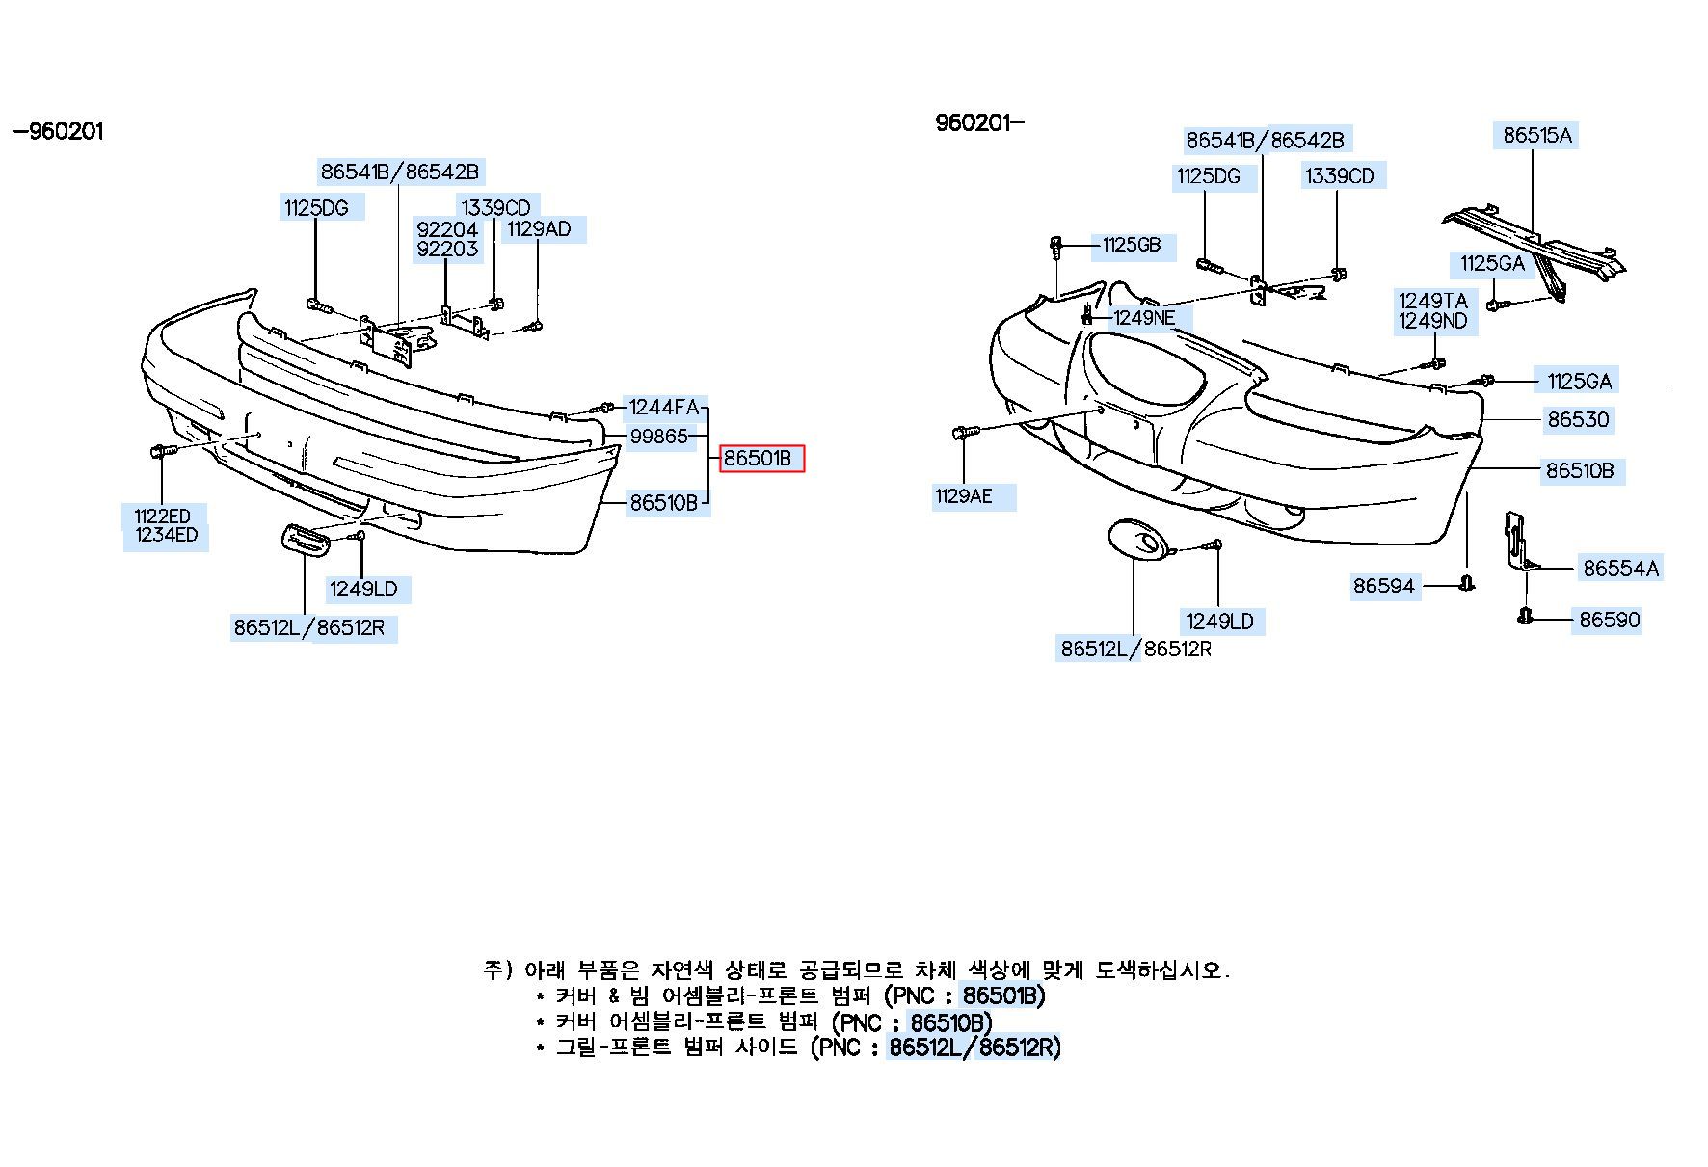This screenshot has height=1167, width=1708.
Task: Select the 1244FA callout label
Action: (664, 408)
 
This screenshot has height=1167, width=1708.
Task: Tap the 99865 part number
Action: (659, 437)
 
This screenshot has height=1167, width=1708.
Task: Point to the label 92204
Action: (447, 229)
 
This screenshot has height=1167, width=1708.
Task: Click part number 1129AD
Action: (539, 229)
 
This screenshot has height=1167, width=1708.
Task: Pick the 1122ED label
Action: (162, 517)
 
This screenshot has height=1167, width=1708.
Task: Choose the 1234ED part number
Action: (166, 536)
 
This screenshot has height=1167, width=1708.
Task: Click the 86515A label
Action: (1537, 136)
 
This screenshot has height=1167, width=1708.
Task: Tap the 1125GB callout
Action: (1131, 245)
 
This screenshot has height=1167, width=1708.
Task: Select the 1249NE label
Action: (1144, 317)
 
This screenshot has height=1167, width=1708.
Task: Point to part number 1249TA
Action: (1432, 301)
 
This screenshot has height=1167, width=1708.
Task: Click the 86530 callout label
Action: (1579, 419)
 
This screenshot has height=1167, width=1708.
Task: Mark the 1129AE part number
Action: (963, 497)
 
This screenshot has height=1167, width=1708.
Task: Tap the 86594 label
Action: (1383, 586)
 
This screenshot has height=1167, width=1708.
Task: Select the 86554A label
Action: (1621, 569)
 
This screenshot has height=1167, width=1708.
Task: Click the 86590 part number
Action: (1610, 620)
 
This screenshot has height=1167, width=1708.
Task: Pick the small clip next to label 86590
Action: (1524, 617)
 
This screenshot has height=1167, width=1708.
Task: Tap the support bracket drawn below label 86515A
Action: (1533, 247)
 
